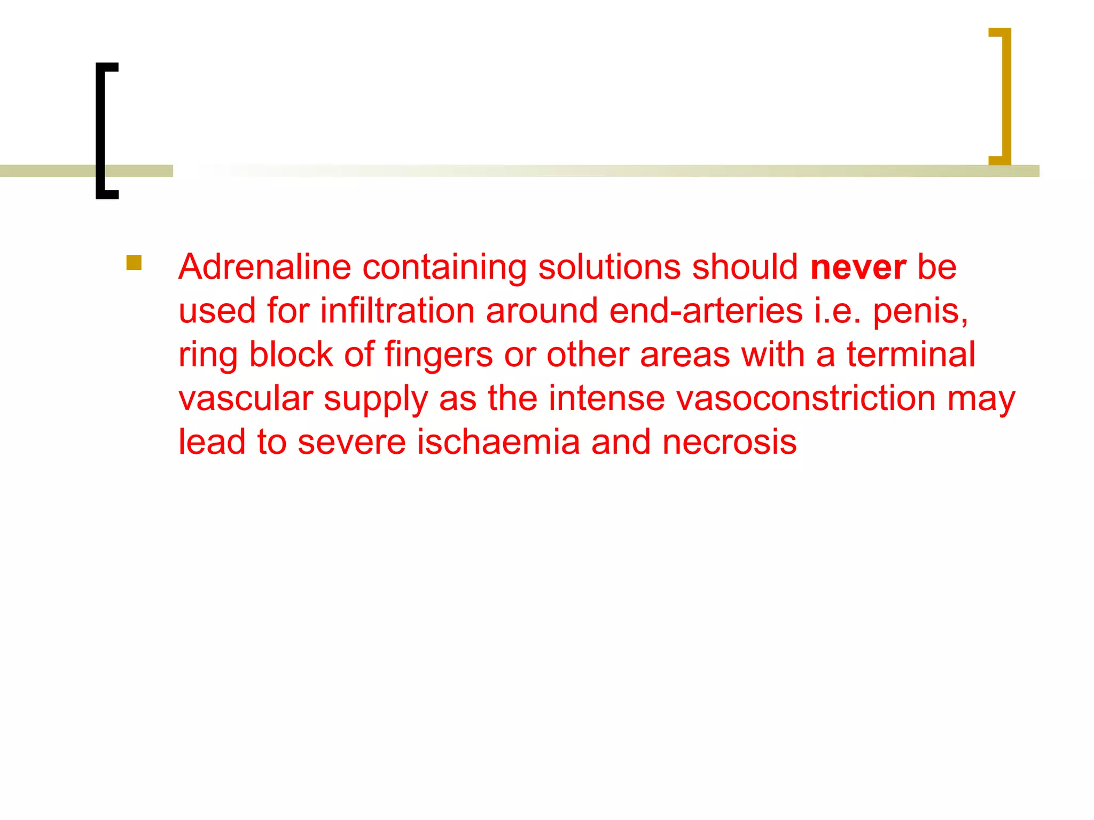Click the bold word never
point(858,267)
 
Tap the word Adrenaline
point(264,267)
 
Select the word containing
point(444,268)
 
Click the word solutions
point(609,267)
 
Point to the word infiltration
point(397,311)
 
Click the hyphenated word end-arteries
point(706,311)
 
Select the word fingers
point(438,356)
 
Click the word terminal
point(911,354)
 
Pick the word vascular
point(246,398)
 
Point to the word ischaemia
point(498,442)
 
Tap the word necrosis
point(729,442)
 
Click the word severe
point(351,442)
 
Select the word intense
point(606,398)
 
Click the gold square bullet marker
point(134,263)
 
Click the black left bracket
point(101,131)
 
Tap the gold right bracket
point(1005,96)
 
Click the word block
point(291,354)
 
